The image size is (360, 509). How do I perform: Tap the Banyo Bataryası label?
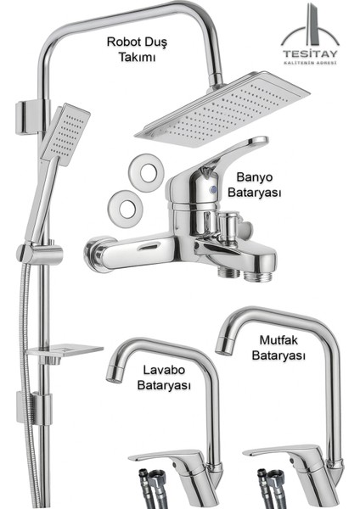tap(255, 186)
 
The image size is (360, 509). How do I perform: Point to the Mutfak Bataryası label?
tap(278, 349)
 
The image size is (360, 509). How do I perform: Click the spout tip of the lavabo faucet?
tap(112, 372)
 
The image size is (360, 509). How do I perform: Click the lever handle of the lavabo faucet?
tap(161, 455)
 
